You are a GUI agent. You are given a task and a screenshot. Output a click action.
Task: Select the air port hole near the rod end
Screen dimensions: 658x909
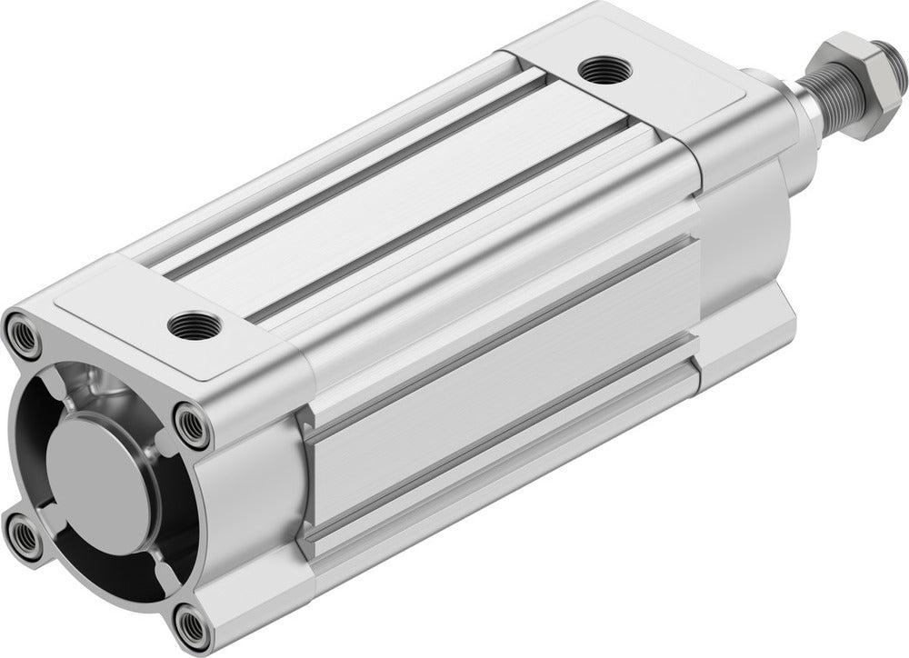pos(599,67)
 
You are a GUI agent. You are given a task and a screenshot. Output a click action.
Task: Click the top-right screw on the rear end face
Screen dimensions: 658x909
pos(191,424)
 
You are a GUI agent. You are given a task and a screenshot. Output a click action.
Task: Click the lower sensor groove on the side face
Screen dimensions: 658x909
pos(509,436)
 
